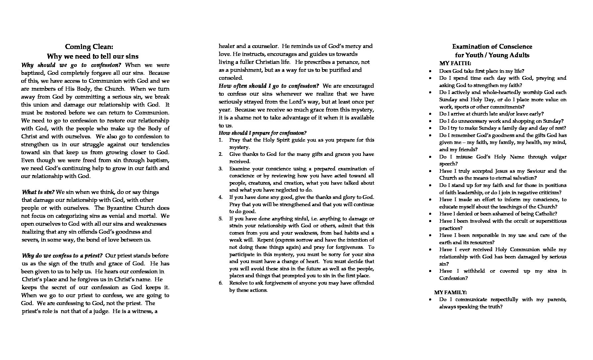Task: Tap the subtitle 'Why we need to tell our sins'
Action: pyautogui.click(x=93, y=56)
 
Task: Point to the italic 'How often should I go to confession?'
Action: pyautogui.click(x=269, y=86)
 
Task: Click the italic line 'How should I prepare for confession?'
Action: pyautogui.click(x=262, y=133)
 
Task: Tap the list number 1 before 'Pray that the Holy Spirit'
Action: pyautogui.click(x=221, y=140)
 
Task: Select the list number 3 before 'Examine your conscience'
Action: pyautogui.click(x=221, y=169)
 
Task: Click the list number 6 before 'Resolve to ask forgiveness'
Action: pyautogui.click(x=221, y=283)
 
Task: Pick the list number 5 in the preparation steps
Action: pyautogui.click(x=221, y=219)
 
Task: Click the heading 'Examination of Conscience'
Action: pyautogui.click(x=492, y=47)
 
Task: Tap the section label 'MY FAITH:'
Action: pyautogui.click(x=455, y=63)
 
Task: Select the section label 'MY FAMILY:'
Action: pyautogui.click(x=450, y=292)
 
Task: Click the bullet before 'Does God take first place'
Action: pyautogui.click(x=430, y=71)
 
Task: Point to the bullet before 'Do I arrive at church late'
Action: pyautogui.click(x=430, y=114)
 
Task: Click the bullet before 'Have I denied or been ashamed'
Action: pyautogui.click(x=430, y=214)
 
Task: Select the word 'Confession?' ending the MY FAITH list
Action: pyautogui.click(x=453, y=278)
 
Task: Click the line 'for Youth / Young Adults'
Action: pyautogui.click(x=492, y=55)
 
